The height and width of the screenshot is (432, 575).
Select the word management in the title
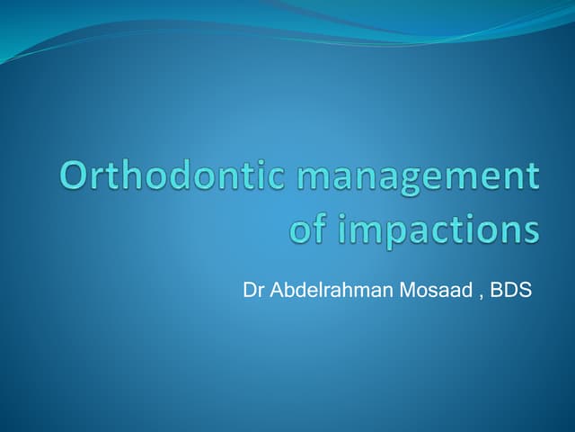click(x=419, y=175)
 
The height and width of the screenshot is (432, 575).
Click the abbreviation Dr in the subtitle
click(x=252, y=291)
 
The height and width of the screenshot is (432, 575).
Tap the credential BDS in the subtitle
click(x=512, y=291)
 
